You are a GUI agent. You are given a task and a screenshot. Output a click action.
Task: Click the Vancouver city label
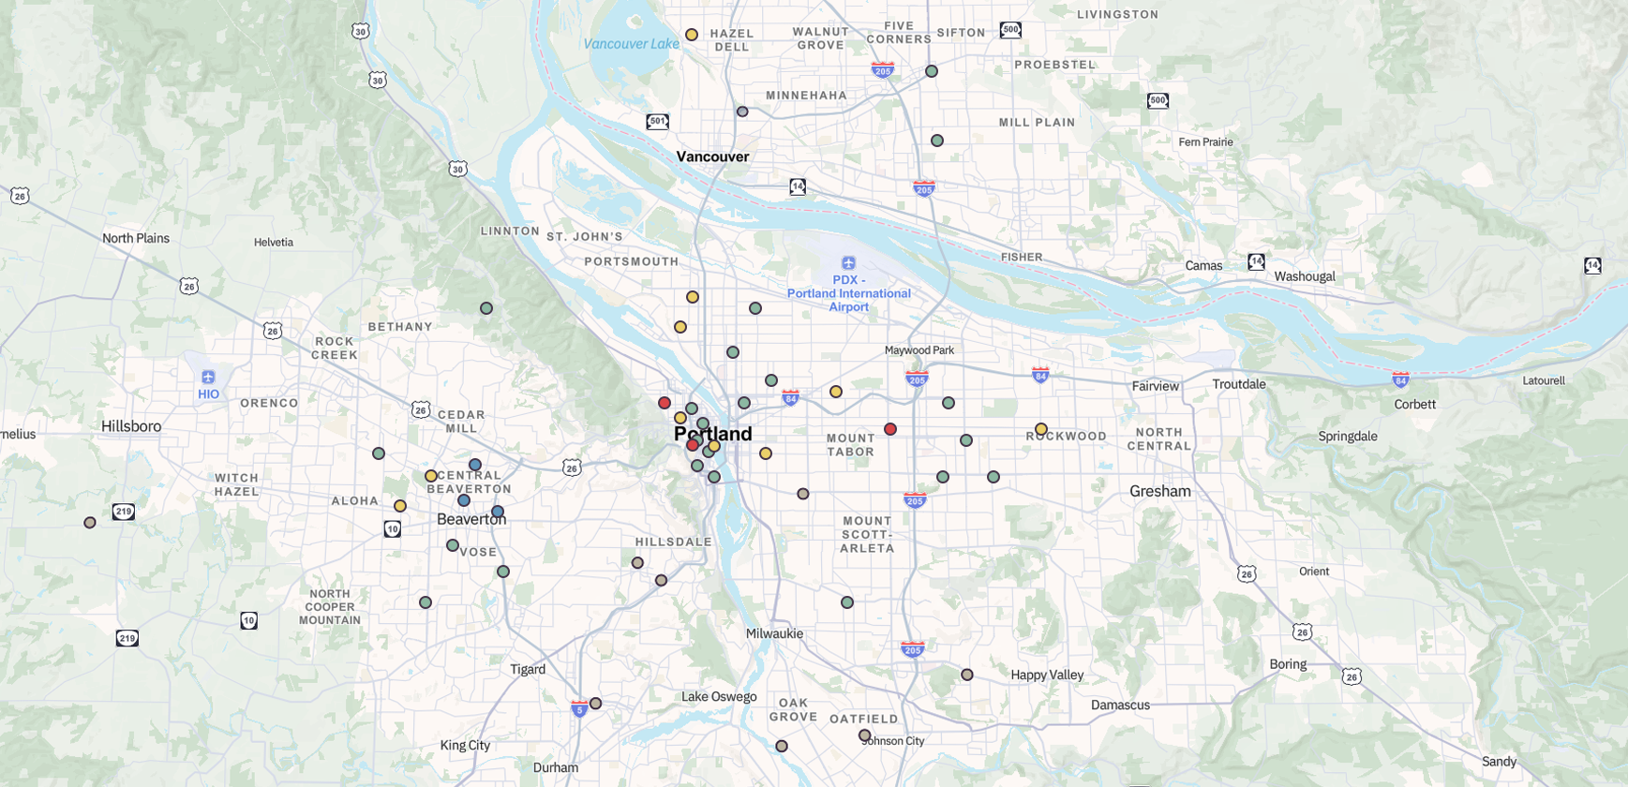point(712,156)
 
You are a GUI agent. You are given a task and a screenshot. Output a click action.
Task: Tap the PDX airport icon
point(848,263)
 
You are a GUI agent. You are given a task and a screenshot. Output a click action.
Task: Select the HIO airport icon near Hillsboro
point(208,377)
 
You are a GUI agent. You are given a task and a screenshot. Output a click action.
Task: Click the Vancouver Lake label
point(631,43)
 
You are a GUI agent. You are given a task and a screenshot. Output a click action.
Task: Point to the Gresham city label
point(1159,491)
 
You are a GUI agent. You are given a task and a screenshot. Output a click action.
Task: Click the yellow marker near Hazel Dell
point(692,35)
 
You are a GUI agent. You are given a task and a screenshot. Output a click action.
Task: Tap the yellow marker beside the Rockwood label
point(1041,429)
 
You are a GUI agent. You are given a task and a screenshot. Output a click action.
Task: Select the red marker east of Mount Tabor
point(890,429)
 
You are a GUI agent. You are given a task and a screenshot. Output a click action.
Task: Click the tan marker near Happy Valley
point(967,675)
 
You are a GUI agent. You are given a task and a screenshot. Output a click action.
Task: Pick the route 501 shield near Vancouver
point(657,122)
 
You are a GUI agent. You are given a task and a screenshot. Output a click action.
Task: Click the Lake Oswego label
point(719,696)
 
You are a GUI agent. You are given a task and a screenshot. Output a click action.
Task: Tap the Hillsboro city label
point(131,426)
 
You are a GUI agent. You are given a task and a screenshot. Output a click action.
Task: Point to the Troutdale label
point(1238,384)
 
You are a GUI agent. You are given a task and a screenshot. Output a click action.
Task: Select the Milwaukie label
point(774,633)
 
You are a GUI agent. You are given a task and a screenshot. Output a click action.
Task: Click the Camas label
point(1203,265)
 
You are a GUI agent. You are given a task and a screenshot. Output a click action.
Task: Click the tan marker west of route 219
point(90,523)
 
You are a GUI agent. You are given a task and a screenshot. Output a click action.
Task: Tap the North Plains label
point(136,238)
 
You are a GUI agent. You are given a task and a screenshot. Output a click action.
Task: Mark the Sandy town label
point(1499,761)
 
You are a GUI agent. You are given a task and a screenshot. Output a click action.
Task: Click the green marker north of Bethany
point(486,308)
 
